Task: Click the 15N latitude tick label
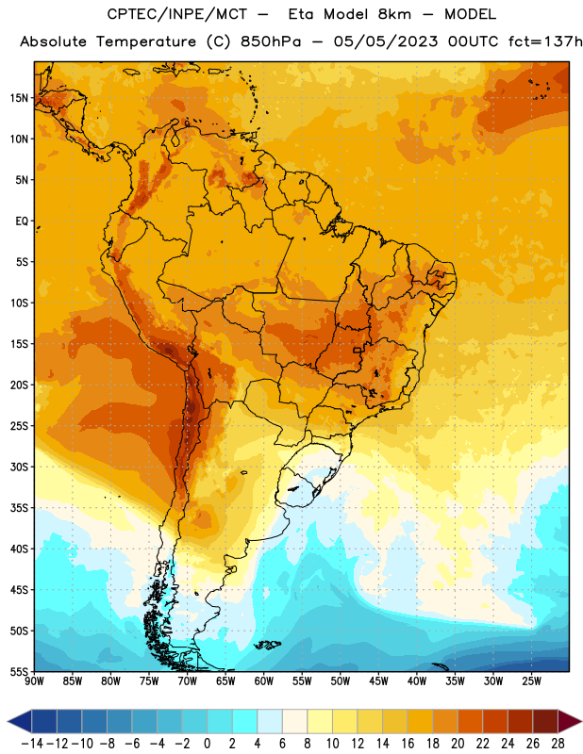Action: pyautogui.click(x=19, y=98)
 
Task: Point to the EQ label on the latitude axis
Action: pyautogui.click(x=22, y=221)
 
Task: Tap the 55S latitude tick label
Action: pyautogui.click(x=20, y=672)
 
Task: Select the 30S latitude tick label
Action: pyautogui.click(x=20, y=467)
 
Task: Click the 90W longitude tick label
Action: pyautogui.click(x=34, y=681)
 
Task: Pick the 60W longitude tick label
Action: pyautogui.click(x=264, y=681)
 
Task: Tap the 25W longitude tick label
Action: pyautogui.click(x=531, y=681)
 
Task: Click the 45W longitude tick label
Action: pyautogui.click(x=378, y=681)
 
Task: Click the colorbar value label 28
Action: pyautogui.click(x=558, y=744)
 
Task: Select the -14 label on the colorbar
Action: pyautogui.click(x=32, y=744)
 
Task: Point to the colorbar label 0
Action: pyautogui.click(x=207, y=744)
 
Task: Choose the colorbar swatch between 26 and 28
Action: pyautogui.click(x=545, y=721)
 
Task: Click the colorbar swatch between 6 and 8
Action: pyautogui.click(x=294, y=721)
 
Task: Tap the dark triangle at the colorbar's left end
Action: pyautogui.click(x=20, y=721)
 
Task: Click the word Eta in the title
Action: pyautogui.click(x=301, y=14)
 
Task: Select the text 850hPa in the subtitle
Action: pyautogui.click(x=271, y=41)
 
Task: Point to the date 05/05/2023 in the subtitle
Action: pyautogui.click(x=386, y=41)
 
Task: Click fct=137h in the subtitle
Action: pyautogui.click(x=545, y=41)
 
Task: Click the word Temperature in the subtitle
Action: pyautogui.click(x=146, y=42)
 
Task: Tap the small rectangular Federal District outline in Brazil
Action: pyautogui.click(x=358, y=350)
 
